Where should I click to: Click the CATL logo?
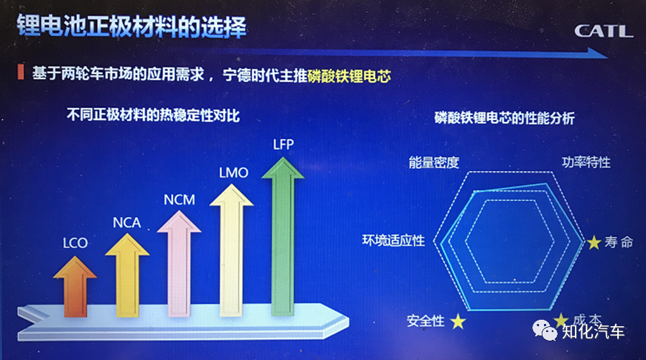pyautogui.click(x=603, y=31)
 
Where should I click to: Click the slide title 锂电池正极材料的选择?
pyautogui.click(x=131, y=27)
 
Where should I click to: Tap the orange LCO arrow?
pyautogui.click(x=75, y=287)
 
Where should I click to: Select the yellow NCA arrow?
pyautogui.click(x=127, y=275)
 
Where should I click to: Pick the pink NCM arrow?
pyautogui.click(x=179, y=264)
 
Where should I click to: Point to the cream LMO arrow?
pyautogui.click(x=231, y=251)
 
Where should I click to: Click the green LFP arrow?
pyautogui.click(x=283, y=236)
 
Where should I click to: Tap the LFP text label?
pyautogui.click(x=283, y=144)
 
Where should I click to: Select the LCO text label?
pyautogui.click(x=75, y=243)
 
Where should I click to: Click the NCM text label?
pyautogui.click(x=179, y=200)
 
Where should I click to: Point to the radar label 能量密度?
pyautogui.click(x=434, y=162)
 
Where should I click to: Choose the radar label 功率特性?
pyautogui.click(x=586, y=162)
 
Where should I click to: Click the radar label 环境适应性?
pyautogui.click(x=394, y=241)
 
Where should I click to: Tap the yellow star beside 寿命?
pyautogui.click(x=594, y=242)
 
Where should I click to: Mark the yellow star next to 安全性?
pyautogui.click(x=458, y=321)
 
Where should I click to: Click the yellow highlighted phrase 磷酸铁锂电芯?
pyautogui.click(x=349, y=75)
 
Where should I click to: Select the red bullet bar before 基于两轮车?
pyautogui.click(x=21, y=72)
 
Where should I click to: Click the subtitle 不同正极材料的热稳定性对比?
pyautogui.click(x=153, y=115)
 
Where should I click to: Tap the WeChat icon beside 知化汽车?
pyautogui.click(x=545, y=330)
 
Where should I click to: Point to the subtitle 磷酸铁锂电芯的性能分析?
pyautogui.click(x=504, y=119)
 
